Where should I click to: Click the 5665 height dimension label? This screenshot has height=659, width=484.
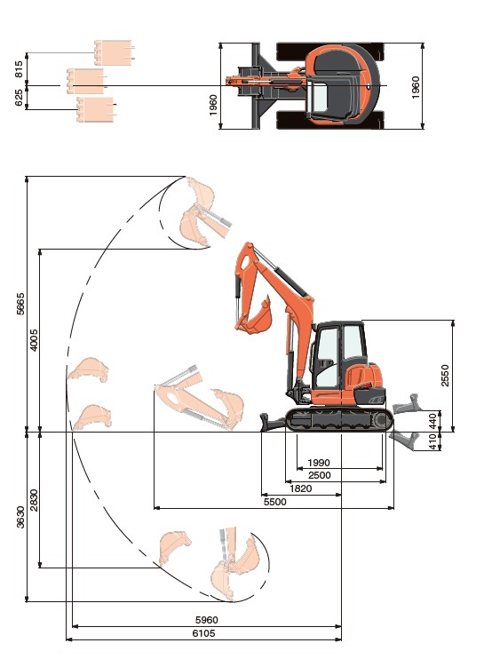click(20, 304)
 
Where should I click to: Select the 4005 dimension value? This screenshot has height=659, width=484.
click(34, 339)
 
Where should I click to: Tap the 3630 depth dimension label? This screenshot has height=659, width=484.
click(20, 517)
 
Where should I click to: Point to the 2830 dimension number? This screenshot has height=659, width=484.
click(34, 500)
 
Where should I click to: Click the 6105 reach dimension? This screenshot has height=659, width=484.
click(203, 633)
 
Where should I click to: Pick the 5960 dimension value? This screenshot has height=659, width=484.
click(207, 620)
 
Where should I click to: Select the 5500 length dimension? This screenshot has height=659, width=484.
click(274, 502)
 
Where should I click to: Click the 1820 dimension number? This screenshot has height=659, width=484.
click(301, 488)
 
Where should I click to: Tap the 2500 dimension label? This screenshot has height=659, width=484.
click(320, 475)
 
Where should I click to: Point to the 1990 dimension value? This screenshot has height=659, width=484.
click(319, 463)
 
